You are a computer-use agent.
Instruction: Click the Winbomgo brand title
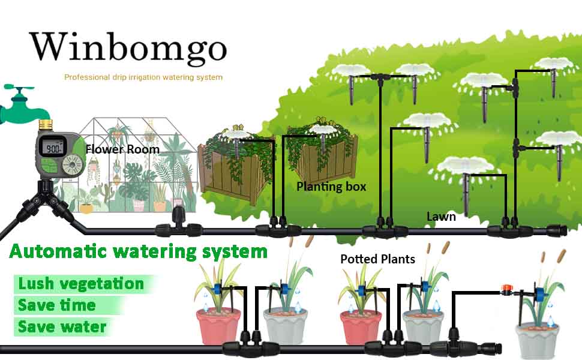[x=128, y=48]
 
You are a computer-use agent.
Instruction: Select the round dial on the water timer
[x=71, y=164]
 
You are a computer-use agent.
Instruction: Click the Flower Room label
[x=122, y=149]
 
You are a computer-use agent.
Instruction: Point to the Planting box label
[x=331, y=187]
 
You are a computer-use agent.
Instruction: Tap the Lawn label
[x=441, y=217]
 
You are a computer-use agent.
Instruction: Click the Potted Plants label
[x=377, y=259]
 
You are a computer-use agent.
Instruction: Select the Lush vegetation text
[x=81, y=284]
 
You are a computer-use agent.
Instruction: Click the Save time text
[x=57, y=305]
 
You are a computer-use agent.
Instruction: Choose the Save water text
[x=62, y=326]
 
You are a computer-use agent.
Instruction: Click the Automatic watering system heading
[x=138, y=251]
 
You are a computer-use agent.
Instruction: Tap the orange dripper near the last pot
[x=506, y=289]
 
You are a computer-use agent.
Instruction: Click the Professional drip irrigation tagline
[x=143, y=77]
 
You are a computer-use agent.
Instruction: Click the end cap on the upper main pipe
[x=557, y=230]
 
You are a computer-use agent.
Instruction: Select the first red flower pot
[x=218, y=325]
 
